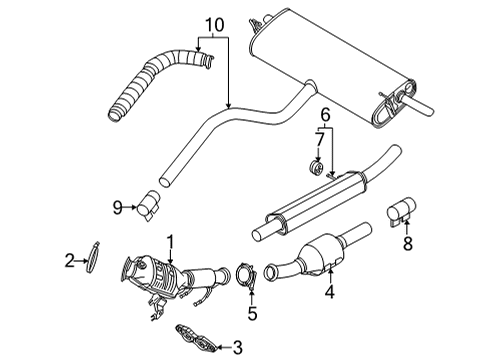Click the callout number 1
point(172,241)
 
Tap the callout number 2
point(69,262)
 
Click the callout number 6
point(325,117)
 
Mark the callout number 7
point(318,140)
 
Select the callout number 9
point(117,207)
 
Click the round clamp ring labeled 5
point(244,276)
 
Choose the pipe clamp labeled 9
point(148,204)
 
